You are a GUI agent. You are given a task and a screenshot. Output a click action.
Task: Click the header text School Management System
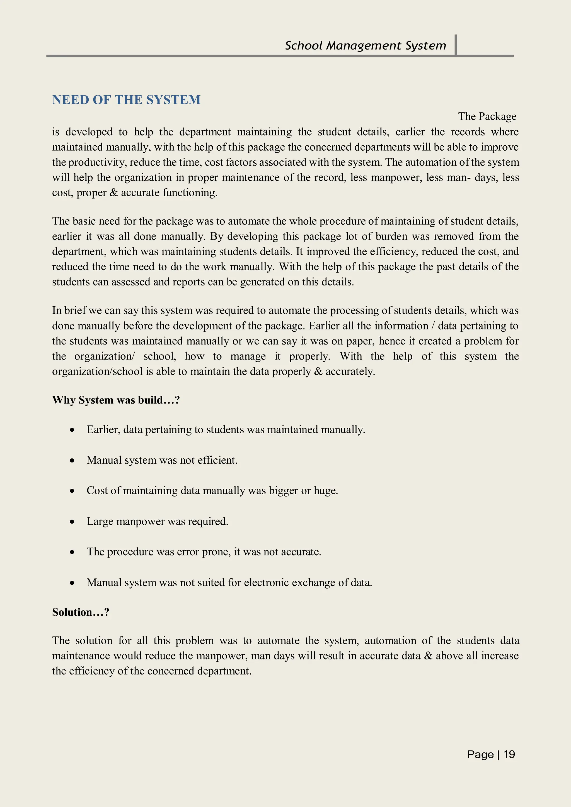[x=365, y=46]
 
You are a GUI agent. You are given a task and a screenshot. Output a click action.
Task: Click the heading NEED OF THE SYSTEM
[x=126, y=100]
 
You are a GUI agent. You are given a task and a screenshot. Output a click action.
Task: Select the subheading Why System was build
[x=116, y=400]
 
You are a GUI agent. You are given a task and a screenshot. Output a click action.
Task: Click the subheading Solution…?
[x=81, y=612]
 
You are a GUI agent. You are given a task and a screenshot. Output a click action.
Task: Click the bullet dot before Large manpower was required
[x=72, y=522]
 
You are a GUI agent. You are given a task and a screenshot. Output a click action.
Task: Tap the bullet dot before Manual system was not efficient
[x=72, y=460]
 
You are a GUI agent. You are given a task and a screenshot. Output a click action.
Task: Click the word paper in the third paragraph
[x=359, y=341]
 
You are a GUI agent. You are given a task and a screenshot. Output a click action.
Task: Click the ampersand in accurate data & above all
[x=428, y=656]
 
